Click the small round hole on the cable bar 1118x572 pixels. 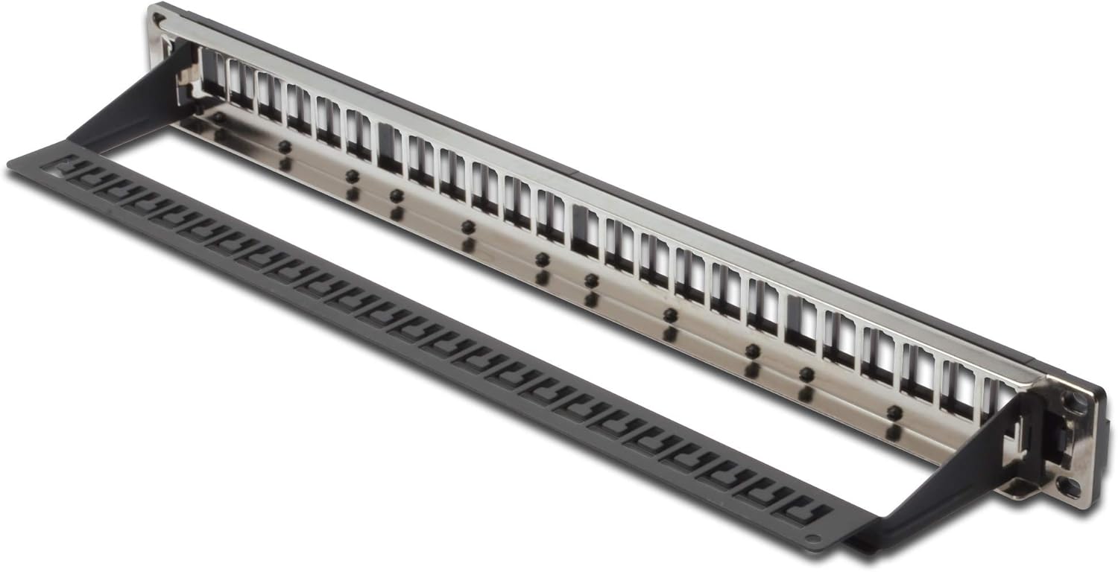814,537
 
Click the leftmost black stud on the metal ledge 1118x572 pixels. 218,118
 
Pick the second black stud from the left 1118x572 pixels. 285,146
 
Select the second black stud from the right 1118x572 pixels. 806,373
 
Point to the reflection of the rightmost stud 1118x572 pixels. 893,431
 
